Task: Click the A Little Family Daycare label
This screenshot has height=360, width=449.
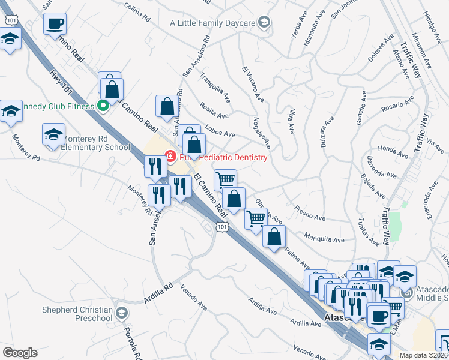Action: tap(212, 23)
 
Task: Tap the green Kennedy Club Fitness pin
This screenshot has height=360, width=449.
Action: tap(103, 106)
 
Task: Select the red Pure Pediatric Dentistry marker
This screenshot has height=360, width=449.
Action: tap(170, 157)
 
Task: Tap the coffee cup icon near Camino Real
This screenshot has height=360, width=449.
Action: tap(55, 24)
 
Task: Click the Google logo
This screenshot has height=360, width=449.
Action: tap(20, 352)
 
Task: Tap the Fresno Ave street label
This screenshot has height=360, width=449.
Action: tap(310, 211)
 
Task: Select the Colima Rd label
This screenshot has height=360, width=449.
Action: tap(137, 12)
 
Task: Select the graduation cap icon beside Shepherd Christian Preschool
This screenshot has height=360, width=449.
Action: tap(122, 313)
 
